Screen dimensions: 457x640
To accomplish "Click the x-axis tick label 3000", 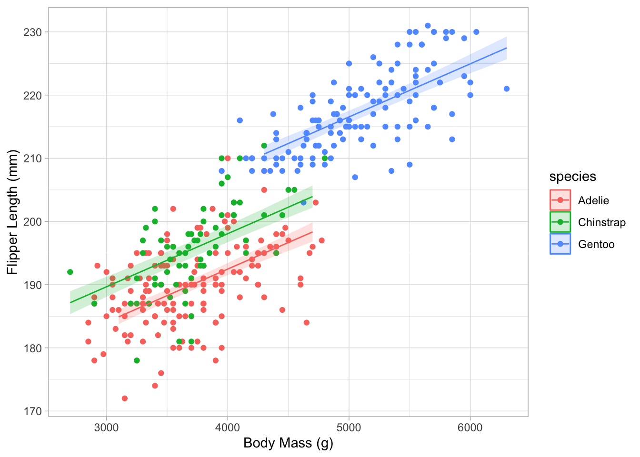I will (106, 427).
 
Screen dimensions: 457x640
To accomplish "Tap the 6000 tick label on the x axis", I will (470, 427).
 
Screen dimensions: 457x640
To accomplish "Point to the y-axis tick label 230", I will (32, 32).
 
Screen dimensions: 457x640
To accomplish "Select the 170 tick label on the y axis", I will (32, 411).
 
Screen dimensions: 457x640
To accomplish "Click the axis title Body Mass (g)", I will (288, 443).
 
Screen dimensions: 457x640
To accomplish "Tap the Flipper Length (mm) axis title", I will (13, 212).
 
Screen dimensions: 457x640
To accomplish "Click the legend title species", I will (572, 177).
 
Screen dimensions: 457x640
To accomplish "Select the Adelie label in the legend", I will (593, 200).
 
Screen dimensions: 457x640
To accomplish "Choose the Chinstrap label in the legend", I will (601, 222).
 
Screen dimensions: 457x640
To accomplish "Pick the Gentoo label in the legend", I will (596, 244).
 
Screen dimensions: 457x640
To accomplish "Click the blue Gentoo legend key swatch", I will (560, 244).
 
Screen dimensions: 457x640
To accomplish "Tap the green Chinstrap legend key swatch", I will (560, 222).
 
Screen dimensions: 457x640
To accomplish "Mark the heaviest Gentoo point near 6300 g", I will (506, 89).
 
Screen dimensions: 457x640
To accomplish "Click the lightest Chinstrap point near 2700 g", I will (70, 272).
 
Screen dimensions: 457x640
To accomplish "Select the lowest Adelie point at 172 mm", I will (125, 398).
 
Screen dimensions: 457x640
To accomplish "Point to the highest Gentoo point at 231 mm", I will (428, 26).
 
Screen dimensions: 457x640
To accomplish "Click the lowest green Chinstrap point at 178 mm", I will (137, 360).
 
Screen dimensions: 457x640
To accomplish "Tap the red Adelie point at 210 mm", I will (228, 158).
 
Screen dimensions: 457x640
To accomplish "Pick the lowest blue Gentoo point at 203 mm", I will (303, 202).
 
